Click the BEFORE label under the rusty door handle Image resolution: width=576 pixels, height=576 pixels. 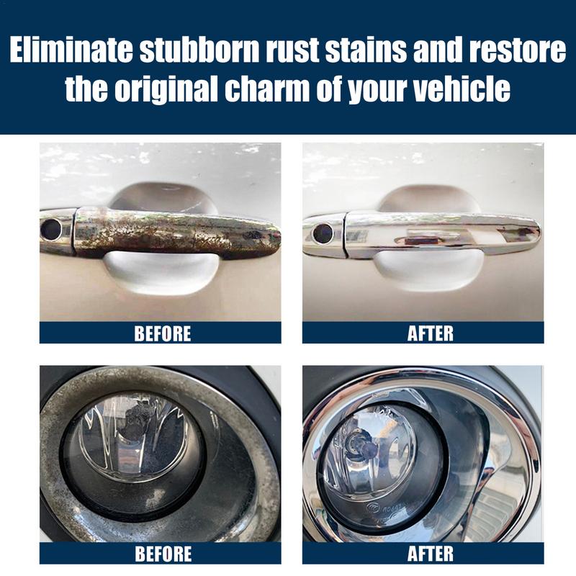coord(163,333)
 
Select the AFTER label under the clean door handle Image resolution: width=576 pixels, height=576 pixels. coord(431,333)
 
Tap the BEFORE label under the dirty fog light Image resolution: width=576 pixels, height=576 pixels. coord(163,554)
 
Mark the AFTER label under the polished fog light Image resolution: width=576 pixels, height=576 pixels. coord(431,554)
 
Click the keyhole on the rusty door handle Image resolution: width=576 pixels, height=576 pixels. coord(51,230)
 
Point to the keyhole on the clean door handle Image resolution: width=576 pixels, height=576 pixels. coord(323,233)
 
